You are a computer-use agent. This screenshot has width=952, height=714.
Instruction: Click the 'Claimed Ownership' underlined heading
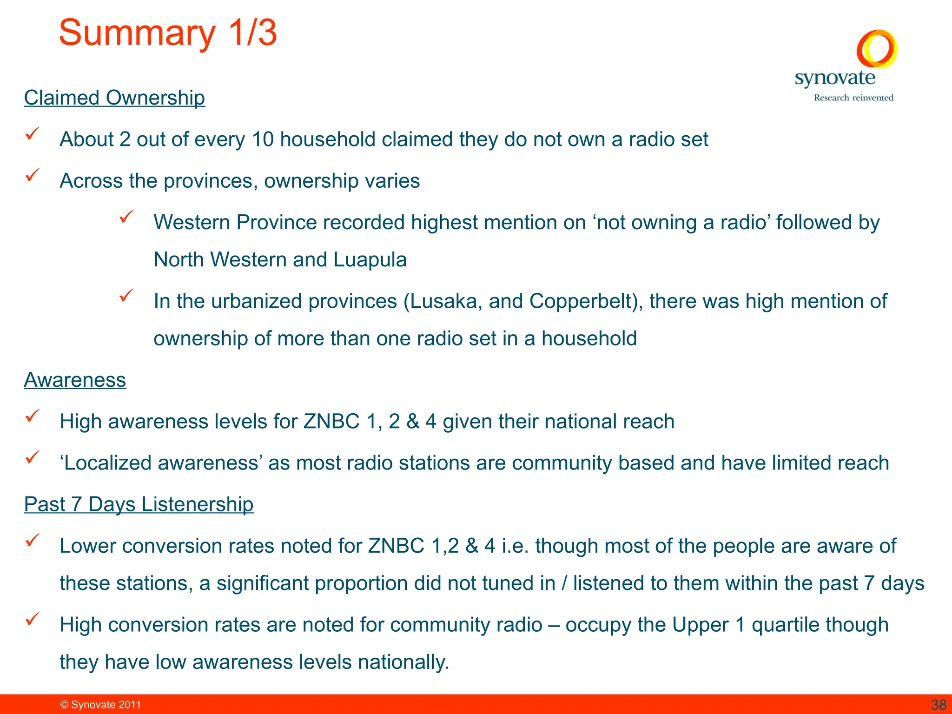click(114, 98)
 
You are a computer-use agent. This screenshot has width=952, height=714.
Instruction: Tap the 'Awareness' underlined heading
click(75, 380)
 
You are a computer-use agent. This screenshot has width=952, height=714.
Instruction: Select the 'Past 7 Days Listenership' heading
click(139, 504)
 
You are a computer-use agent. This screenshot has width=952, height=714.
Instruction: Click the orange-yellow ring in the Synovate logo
click(877, 48)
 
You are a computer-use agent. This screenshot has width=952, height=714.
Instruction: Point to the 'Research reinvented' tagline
click(853, 98)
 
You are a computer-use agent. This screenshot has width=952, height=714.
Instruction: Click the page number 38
click(939, 705)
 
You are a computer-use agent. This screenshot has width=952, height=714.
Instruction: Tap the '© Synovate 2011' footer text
click(100, 705)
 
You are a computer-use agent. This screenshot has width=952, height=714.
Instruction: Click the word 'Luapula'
click(370, 259)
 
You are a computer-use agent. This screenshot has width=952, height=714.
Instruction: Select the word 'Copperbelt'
click(583, 301)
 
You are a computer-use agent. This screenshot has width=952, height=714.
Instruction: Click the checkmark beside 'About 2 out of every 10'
click(32, 134)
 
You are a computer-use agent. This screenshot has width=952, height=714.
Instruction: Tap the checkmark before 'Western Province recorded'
click(126, 217)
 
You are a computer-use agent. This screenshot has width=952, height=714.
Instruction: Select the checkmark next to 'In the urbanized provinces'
click(126, 296)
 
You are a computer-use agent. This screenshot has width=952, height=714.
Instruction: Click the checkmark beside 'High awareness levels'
click(32, 416)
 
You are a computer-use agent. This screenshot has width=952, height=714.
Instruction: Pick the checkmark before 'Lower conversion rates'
click(32, 540)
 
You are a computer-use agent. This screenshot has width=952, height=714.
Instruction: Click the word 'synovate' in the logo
click(835, 78)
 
